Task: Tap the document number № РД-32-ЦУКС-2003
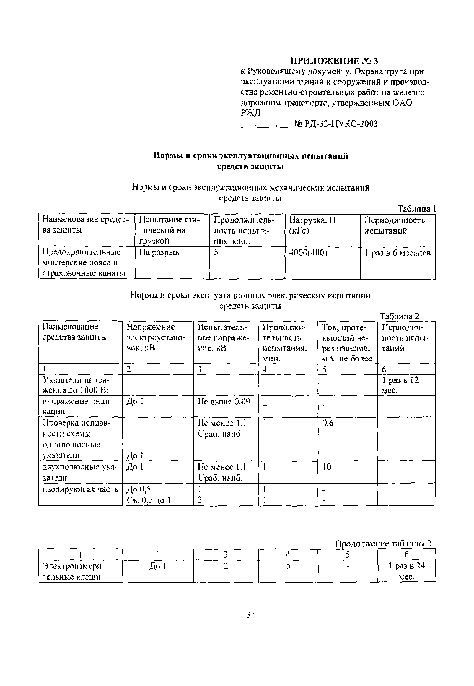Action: pos(336,124)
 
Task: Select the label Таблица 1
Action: pos(416,209)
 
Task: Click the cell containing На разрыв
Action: pos(159,252)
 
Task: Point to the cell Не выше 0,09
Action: pos(224,401)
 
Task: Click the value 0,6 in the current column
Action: pos(328,423)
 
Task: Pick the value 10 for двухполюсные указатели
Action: pos(327,467)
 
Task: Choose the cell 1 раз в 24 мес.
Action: pos(406,571)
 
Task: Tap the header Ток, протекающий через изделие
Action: pos(347,343)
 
